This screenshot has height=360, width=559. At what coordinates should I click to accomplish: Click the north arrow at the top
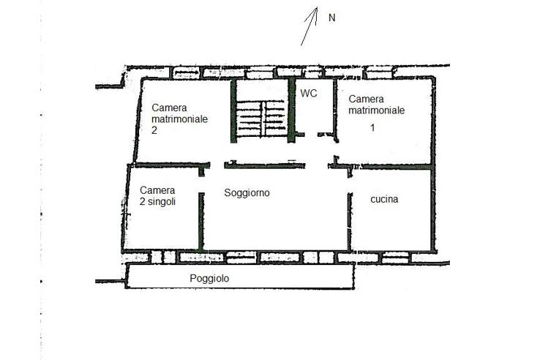tap(309, 26)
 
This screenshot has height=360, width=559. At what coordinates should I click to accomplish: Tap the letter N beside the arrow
tap(332, 18)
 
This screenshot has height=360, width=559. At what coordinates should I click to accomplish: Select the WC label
tap(309, 94)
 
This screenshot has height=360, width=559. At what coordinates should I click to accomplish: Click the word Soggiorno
tap(247, 193)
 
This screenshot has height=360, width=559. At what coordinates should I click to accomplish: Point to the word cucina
tap(384, 199)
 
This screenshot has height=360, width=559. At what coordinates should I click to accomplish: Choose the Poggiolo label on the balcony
tap(209, 278)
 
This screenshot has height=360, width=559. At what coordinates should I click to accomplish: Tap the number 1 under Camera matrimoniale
tap(372, 127)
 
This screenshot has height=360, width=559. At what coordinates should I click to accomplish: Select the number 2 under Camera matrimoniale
tap(154, 130)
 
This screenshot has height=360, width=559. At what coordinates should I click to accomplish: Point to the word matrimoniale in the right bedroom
tap(377, 110)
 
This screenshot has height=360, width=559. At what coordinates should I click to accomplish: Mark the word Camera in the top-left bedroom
tap(169, 108)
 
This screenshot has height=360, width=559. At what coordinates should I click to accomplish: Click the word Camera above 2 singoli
tap(157, 190)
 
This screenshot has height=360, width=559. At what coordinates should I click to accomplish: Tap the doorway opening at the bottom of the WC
tap(311, 135)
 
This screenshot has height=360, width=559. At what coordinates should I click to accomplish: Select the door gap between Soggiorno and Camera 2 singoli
tap(201, 184)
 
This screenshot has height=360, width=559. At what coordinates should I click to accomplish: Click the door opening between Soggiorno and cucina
tap(350, 185)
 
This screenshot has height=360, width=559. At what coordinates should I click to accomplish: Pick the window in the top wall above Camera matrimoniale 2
tap(186, 72)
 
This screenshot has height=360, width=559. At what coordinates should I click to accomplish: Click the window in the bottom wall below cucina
tap(395, 258)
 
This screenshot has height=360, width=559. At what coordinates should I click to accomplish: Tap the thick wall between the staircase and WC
tap(292, 110)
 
